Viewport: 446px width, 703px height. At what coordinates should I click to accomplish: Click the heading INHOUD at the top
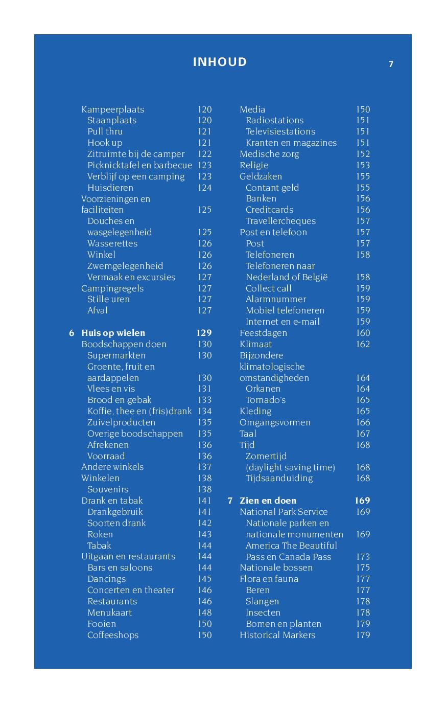point(220,62)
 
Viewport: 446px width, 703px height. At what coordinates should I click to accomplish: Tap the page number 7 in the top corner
point(391,64)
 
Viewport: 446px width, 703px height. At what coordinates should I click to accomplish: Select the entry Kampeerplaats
point(112,109)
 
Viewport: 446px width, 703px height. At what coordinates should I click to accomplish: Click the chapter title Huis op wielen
point(113,333)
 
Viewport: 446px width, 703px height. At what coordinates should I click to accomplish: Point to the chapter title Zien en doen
point(268,501)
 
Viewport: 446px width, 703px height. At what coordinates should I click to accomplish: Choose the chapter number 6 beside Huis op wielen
point(72,333)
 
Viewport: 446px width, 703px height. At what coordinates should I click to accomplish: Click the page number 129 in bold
point(204,333)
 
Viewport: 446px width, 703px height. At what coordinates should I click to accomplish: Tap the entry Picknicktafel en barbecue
point(139,165)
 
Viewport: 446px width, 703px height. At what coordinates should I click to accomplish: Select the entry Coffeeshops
point(113,635)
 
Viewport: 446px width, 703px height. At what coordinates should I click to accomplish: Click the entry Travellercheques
point(280,221)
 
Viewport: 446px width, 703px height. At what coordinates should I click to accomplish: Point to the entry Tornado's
point(265,400)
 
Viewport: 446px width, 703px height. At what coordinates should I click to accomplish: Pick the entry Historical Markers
point(277,635)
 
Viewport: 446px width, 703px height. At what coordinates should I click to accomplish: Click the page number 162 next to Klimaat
point(363,344)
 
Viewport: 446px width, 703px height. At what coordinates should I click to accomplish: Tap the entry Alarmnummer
point(276,299)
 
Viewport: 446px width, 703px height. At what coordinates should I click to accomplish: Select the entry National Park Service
point(284,512)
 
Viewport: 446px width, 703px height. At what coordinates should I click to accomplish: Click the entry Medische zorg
point(269,154)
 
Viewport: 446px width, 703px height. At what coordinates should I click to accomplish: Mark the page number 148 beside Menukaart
point(204,613)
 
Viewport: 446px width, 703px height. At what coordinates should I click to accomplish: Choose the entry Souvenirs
point(108,489)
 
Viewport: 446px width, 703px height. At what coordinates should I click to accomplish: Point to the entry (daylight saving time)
point(290,467)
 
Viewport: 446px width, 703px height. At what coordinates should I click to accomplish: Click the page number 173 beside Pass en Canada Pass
point(363,557)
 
